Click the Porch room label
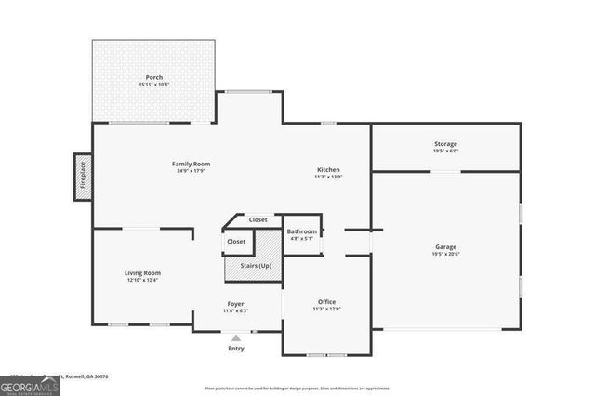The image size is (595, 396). point(155,77)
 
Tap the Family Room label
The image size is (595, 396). point(191,164)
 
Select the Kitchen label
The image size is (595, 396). point(328,170)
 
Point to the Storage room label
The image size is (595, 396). point(445,144)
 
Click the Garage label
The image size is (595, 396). point(445,246)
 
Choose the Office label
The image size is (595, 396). point(326,301)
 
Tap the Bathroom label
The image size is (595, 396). point(301,231)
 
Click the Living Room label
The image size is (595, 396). point(143,272)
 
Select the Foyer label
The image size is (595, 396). point(235,304)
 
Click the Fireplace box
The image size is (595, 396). point(83,176)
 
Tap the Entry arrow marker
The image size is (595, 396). point(236,338)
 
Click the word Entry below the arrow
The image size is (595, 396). point(236,349)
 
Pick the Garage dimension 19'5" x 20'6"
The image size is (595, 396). point(445,254)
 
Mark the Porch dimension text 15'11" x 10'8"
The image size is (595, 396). point(155,85)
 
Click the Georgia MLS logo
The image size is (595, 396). point(30,385)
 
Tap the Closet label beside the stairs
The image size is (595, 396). point(236,242)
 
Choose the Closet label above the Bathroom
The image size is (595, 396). point(258,220)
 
